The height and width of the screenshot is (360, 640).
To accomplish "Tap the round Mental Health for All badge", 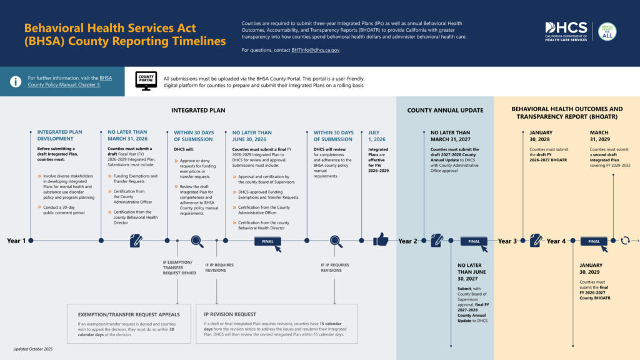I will (607, 31).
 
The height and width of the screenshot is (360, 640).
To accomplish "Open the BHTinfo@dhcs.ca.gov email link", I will (315, 50).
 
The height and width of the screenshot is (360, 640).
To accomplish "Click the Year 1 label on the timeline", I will (16, 241).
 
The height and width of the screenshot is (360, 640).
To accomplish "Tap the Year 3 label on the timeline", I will (507, 241).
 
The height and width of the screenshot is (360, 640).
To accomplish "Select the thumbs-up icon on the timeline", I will (381, 240).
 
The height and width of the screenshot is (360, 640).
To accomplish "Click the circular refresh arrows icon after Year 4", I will (625, 241).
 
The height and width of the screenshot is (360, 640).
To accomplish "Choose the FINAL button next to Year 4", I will (594, 241).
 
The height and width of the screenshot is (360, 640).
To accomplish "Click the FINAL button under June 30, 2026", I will (267, 241).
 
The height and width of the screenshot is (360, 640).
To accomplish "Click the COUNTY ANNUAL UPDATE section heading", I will (445, 111).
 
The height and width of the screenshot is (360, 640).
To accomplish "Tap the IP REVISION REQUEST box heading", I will (229, 314).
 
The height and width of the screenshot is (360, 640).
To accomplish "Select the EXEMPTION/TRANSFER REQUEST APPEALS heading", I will (129, 314).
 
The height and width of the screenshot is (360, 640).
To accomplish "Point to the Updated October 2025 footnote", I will (33, 349).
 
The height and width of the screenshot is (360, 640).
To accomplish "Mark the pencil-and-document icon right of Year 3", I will (536, 241).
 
